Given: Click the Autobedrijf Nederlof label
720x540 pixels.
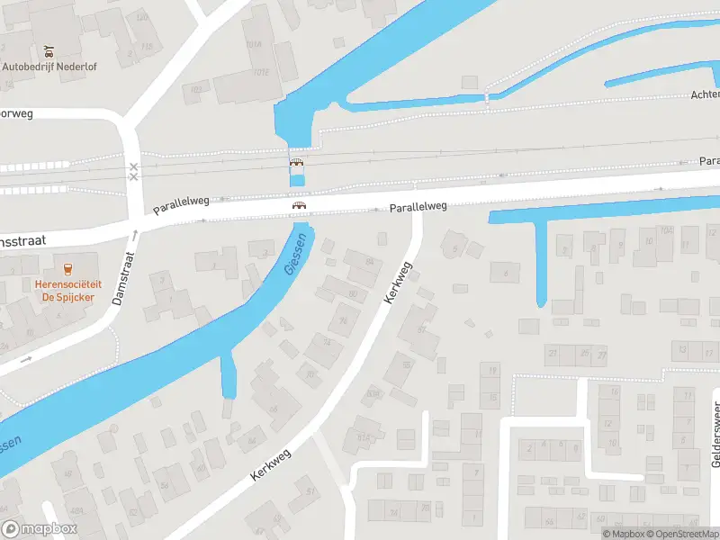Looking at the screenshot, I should (49, 66).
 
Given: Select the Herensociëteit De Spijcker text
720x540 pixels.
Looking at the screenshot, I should (67, 289).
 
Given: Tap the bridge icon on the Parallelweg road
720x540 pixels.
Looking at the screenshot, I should (297, 206).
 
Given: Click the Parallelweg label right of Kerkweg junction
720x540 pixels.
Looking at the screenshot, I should (418, 207).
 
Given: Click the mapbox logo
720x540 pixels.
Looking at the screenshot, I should (40, 529).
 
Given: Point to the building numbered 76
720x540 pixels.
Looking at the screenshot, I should (341, 320).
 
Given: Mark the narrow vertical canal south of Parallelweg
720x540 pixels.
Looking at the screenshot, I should (542, 261).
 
